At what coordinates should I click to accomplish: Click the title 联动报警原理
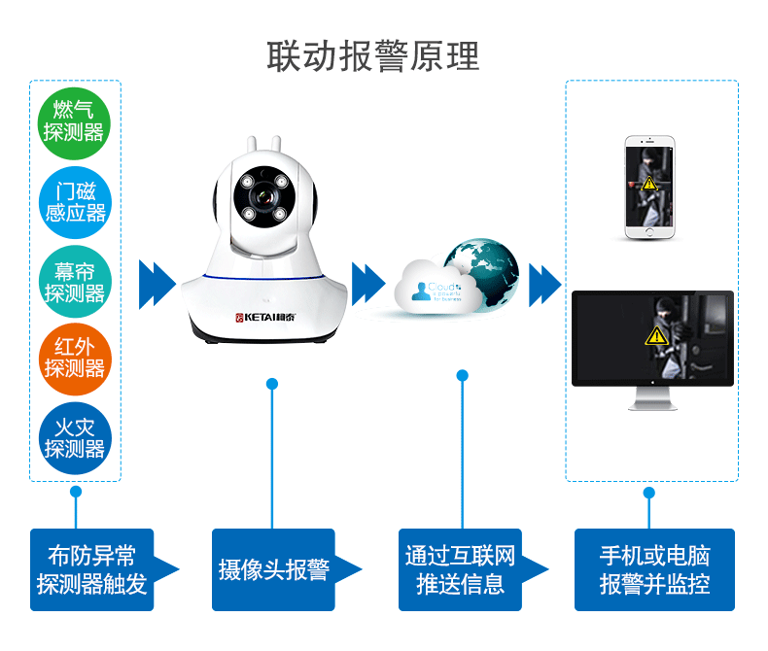coord(373,55)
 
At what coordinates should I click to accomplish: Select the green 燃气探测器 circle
coord(75,121)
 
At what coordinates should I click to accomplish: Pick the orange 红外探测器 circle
coord(75,359)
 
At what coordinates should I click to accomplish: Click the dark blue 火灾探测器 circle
coord(75,439)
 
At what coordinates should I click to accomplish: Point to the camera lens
coord(259,198)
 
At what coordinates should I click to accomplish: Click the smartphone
coord(649,186)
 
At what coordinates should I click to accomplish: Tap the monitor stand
coord(651,398)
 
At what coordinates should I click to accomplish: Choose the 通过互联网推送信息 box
coord(460,569)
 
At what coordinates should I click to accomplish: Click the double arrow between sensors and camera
coord(157,284)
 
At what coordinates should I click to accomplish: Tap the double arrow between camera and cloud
coord(367,284)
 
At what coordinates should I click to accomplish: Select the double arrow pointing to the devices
coord(544,284)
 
